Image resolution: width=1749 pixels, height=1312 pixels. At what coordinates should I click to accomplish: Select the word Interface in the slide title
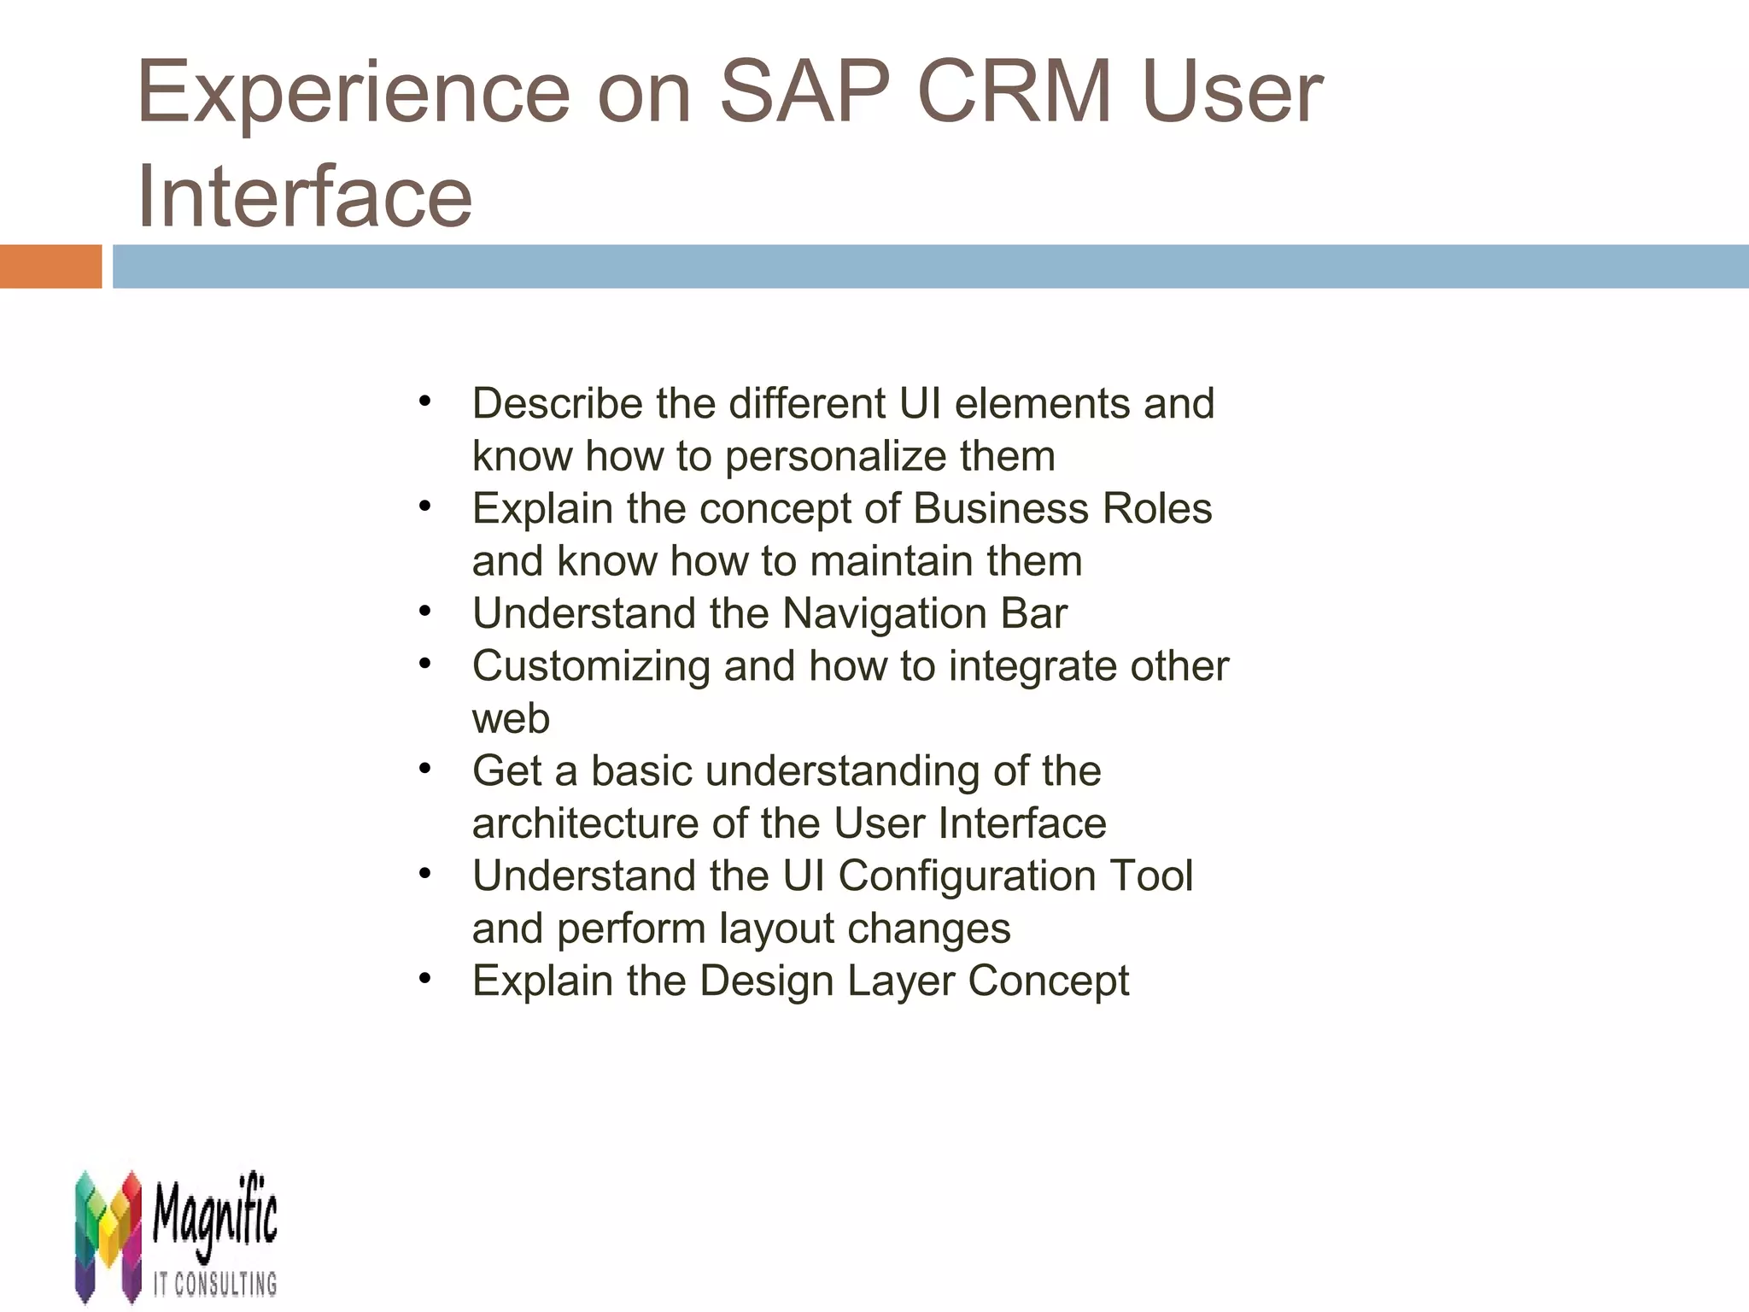pyautogui.click(x=304, y=196)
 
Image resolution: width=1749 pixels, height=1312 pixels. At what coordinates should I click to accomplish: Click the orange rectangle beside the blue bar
pyautogui.click(x=50, y=266)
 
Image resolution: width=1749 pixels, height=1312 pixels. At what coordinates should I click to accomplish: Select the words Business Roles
pyautogui.click(x=1062, y=508)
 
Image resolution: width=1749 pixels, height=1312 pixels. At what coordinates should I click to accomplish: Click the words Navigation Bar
pyautogui.click(x=924, y=613)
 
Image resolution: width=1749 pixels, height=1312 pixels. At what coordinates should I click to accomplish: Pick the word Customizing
pyautogui.click(x=591, y=666)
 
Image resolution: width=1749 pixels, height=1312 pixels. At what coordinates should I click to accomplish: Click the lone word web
pyautogui.click(x=511, y=718)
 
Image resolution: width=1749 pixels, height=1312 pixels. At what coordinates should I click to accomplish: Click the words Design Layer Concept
pyautogui.click(x=914, y=981)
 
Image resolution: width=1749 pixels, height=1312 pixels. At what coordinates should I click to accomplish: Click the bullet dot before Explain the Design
pyautogui.click(x=425, y=978)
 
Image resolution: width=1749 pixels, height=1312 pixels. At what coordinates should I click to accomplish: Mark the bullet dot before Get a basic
pyautogui.click(x=425, y=769)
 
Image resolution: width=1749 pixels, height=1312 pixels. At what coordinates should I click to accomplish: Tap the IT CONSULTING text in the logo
pyautogui.click(x=215, y=1284)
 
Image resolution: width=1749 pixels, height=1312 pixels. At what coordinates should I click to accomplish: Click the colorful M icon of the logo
pyautogui.click(x=108, y=1235)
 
